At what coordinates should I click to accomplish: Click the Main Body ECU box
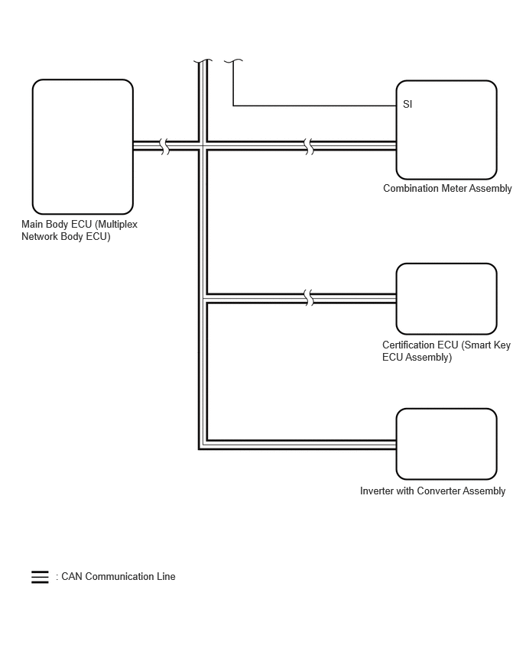(83, 147)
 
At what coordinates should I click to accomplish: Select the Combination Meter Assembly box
(446, 130)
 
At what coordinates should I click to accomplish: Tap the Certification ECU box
(446, 299)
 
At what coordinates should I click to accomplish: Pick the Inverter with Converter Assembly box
(446, 444)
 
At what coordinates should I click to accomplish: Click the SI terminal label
(407, 104)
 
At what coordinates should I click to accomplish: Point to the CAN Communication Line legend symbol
(40, 577)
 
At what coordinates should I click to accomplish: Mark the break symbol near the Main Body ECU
(165, 146)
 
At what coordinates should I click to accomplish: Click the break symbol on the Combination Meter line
(309, 146)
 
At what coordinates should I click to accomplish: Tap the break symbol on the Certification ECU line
(309, 298)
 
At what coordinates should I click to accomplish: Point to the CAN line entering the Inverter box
(301, 445)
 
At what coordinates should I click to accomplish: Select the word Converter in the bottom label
(438, 491)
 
